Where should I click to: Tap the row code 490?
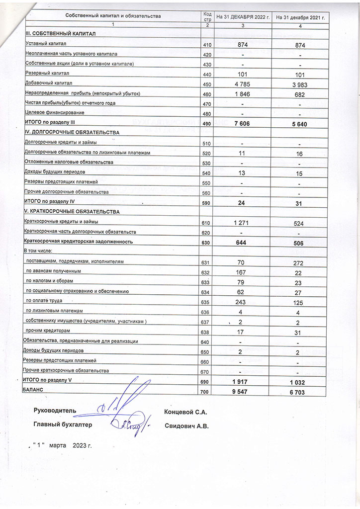pyautogui.click(x=207, y=123)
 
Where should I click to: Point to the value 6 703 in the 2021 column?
pyautogui.click(x=299, y=392)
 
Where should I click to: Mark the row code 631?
pyautogui.click(x=207, y=262)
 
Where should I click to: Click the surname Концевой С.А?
pyautogui.click(x=185, y=412)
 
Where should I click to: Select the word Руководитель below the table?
pyautogui.click(x=55, y=411)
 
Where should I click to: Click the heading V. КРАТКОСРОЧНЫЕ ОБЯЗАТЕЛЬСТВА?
pyautogui.click(x=71, y=212)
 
